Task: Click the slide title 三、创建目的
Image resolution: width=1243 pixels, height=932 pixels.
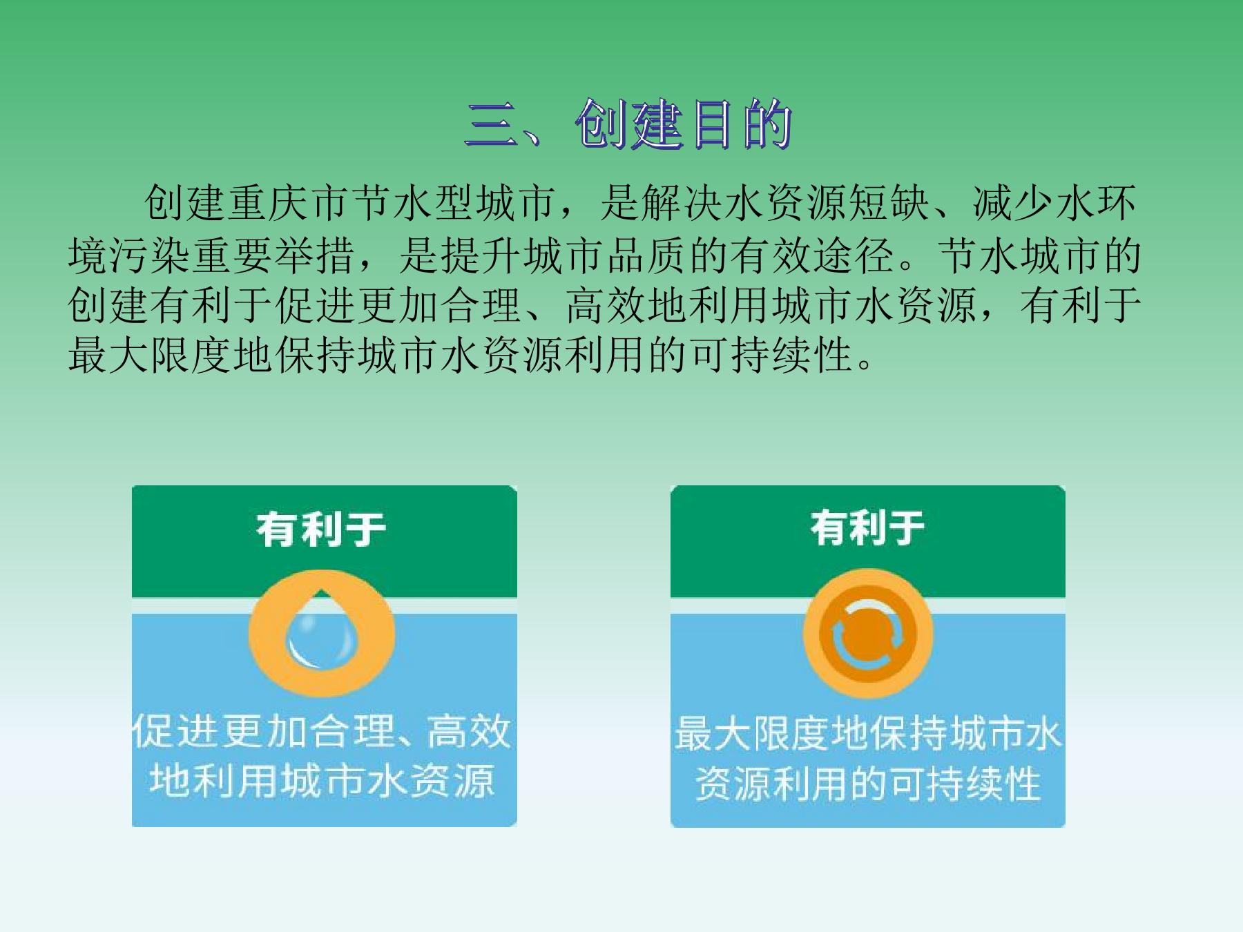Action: pyautogui.click(x=628, y=124)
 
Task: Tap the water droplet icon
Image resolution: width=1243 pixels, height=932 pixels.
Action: pyautogui.click(x=321, y=633)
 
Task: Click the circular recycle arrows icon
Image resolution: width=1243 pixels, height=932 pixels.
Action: pyautogui.click(x=867, y=634)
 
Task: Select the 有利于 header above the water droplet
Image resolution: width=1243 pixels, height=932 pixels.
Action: pyautogui.click(x=321, y=529)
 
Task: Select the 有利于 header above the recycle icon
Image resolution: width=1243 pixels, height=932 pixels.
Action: pyautogui.click(x=868, y=527)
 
